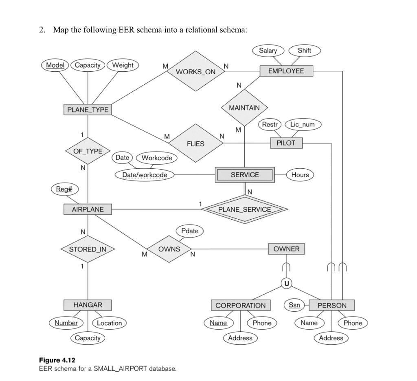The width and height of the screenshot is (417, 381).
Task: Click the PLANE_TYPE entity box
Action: (x=88, y=110)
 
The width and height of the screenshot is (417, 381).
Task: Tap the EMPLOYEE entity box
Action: (x=286, y=71)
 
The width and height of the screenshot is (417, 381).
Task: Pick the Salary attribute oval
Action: (x=268, y=51)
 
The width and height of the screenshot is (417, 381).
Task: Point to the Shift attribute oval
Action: (x=304, y=51)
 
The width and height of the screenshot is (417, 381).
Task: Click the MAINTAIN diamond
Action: (x=244, y=108)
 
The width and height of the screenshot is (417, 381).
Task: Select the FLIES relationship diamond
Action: (x=195, y=144)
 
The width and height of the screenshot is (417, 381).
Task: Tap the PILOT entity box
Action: (x=286, y=143)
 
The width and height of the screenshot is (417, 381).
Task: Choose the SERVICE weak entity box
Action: (x=245, y=175)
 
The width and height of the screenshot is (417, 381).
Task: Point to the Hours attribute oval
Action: (x=300, y=175)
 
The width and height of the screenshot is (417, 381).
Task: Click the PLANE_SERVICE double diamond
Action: (x=244, y=209)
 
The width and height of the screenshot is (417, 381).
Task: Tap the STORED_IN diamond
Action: (x=88, y=249)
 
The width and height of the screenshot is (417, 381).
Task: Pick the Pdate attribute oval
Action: (x=190, y=231)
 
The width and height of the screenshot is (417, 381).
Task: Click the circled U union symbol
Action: (x=287, y=283)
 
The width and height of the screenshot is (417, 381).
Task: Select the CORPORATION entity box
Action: (x=240, y=305)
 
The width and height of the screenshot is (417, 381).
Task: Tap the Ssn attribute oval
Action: (x=294, y=305)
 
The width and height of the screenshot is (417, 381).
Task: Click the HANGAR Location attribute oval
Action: (x=109, y=323)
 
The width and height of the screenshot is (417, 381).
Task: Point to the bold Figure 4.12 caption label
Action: (x=57, y=360)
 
